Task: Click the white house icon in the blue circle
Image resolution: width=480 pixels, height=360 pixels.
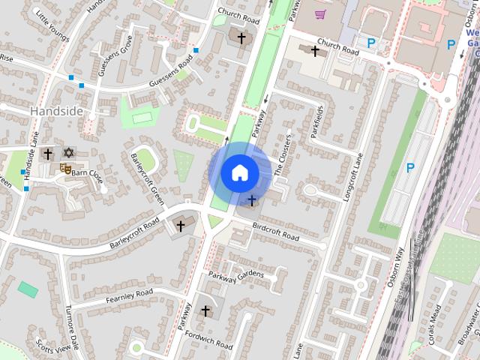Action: (239, 172)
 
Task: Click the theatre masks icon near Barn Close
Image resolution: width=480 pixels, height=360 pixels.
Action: (66, 169)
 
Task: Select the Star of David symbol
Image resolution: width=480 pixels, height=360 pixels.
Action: (68, 153)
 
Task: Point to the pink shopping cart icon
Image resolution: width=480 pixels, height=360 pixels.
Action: (320, 13)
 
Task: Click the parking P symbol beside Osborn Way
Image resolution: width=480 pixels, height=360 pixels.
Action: (409, 168)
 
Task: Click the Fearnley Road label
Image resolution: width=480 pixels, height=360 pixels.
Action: (129, 295)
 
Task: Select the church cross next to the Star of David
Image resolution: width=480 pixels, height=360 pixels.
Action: (48, 154)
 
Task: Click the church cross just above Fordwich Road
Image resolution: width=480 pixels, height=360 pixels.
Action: (205, 310)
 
